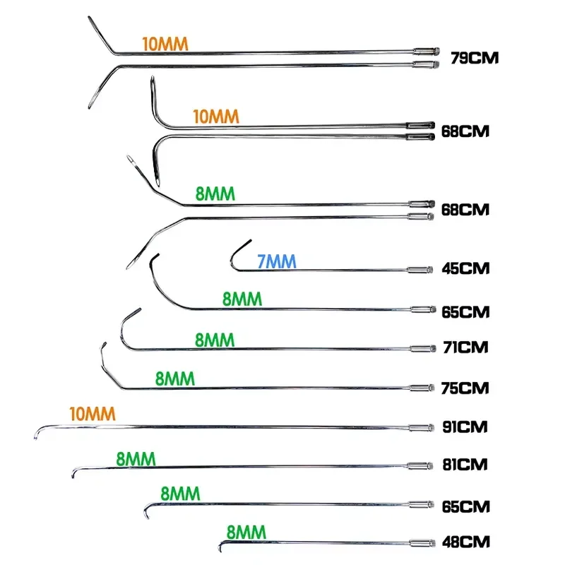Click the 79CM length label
click(475, 58)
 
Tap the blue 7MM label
click(277, 261)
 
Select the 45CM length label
click(465, 268)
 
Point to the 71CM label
click(465, 347)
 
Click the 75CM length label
click(465, 388)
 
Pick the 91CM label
click(465, 427)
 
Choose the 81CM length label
click(465, 465)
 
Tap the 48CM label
click(466, 542)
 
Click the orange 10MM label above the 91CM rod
click(93, 414)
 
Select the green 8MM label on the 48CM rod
click(246, 533)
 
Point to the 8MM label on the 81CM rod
click(136, 459)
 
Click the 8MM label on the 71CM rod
click(215, 340)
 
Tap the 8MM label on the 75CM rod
click(175, 379)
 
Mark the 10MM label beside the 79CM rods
click(165, 44)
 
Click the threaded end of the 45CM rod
click(420, 270)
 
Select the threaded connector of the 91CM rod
click(421, 428)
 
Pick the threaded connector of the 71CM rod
click(423, 348)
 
